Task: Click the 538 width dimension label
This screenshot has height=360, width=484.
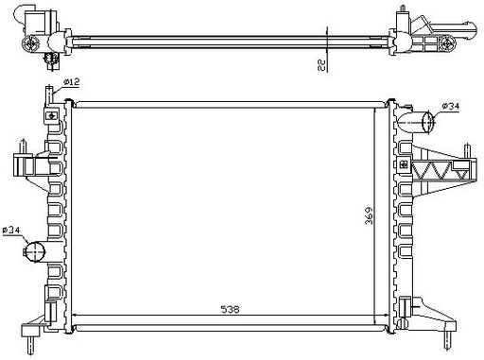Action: point(230,309)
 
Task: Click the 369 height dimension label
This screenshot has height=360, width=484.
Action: point(369,215)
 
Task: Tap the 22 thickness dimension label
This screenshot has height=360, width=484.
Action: point(321,65)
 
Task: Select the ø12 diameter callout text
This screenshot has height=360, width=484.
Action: point(72,82)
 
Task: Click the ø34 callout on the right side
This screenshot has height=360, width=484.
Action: point(451,106)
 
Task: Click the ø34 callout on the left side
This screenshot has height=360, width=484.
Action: point(11,231)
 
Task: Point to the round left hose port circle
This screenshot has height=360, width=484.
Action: point(35,251)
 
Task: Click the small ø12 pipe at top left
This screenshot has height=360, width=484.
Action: point(49,95)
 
